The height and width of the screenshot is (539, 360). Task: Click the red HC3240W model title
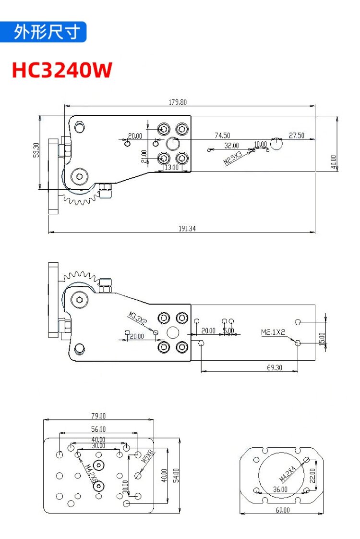[62, 70]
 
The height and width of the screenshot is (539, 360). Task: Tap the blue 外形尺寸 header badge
[43, 32]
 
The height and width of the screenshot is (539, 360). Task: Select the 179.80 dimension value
[178, 102]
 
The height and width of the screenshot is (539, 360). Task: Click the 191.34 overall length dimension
[187, 228]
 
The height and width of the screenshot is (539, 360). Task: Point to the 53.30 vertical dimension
[36, 150]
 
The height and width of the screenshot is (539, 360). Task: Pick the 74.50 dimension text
[222, 135]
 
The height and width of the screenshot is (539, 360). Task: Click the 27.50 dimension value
[297, 135]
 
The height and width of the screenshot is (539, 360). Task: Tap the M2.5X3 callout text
[233, 158]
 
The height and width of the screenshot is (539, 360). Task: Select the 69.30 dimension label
[275, 367]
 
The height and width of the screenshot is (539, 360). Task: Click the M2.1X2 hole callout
[273, 332]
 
